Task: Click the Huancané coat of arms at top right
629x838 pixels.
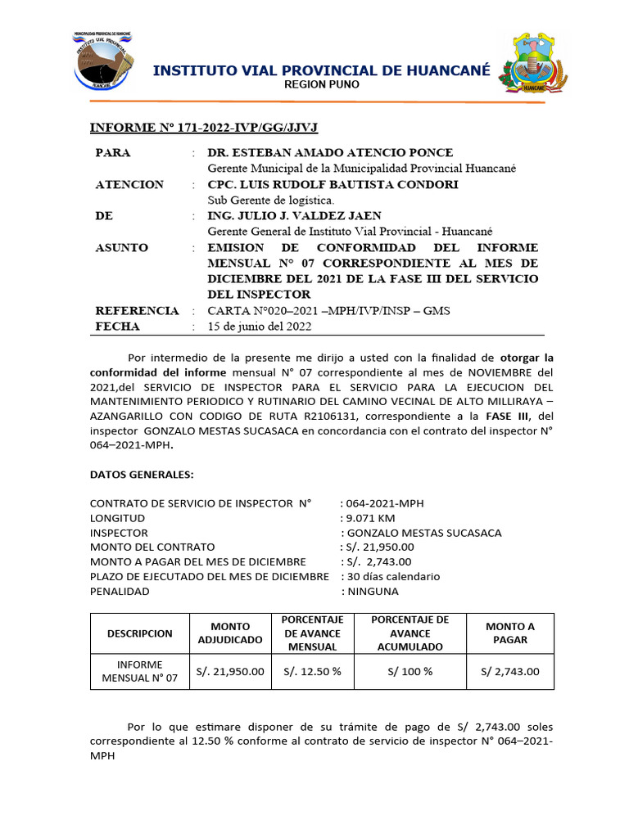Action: (x=532, y=64)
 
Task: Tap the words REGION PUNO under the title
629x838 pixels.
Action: (x=321, y=85)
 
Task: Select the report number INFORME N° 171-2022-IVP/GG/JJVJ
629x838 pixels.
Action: (x=203, y=128)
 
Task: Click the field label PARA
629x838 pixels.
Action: (x=113, y=153)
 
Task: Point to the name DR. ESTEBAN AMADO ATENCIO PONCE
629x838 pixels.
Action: (x=330, y=153)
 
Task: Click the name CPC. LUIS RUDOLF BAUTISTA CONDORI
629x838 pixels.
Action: (x=333, y=184)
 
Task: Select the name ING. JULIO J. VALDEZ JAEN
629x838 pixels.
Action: (x=295, y=215)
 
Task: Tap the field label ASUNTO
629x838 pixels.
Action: (x=122, y=247)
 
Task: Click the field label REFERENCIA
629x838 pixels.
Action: (x=137, y=311)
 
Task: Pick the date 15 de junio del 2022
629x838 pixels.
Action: (x=260, y=327)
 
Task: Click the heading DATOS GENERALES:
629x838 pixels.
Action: (x=142, y=475)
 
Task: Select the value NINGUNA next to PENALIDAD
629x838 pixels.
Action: (x=373, y=591)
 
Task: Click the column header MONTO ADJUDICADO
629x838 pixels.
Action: (x=229, y=633)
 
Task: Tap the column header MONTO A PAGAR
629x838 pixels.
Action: (x=509, y=633)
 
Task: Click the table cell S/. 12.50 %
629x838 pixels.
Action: (x=312, y=672)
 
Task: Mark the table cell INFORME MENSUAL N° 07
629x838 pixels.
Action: (x=139, y=672)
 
